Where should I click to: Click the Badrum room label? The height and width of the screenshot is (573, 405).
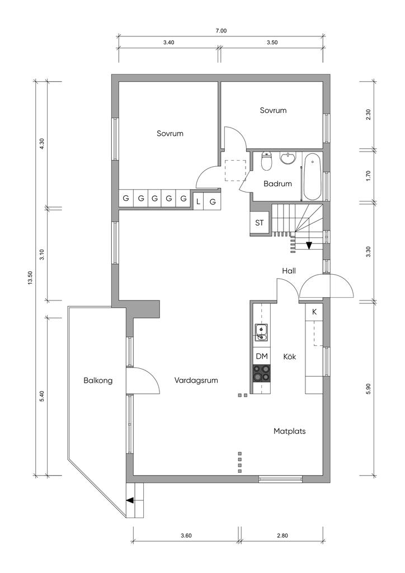(277, 184)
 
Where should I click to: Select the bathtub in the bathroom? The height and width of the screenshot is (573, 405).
(312, 177)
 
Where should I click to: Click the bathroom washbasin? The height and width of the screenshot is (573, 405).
(289, 158)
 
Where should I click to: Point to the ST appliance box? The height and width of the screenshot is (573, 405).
(260, 223)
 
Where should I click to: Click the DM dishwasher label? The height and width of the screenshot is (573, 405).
(261, 356)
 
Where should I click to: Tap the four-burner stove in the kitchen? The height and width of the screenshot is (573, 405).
(262, 373)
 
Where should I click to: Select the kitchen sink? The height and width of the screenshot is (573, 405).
(261, 332)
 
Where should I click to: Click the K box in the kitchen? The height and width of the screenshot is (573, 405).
(314, 312)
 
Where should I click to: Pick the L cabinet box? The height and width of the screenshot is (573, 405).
(198, 201)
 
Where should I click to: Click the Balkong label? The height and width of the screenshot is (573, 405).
(98, 381)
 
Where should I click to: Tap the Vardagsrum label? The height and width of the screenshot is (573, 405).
(196, 381)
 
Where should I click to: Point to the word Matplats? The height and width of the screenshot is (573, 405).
(290, 431)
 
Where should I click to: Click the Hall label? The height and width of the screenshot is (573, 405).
(289, 271)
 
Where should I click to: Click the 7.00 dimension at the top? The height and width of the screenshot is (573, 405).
(221, 31)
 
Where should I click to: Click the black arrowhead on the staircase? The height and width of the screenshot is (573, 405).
(309, 245)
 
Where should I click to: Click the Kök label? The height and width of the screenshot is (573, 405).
(290, 356)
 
